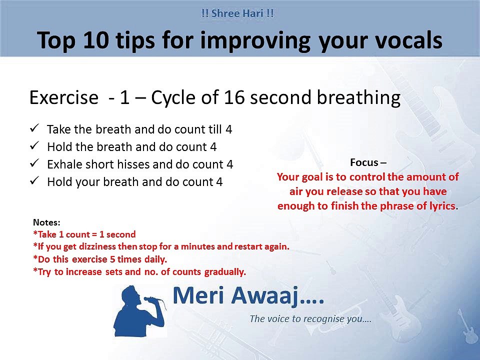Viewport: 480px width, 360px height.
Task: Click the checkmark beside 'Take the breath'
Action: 35,129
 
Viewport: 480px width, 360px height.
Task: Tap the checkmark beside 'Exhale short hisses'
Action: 35,163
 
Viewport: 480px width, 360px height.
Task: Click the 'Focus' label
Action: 364,162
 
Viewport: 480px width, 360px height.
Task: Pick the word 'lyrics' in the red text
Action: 441,206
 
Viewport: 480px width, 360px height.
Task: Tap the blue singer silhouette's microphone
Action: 148,300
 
